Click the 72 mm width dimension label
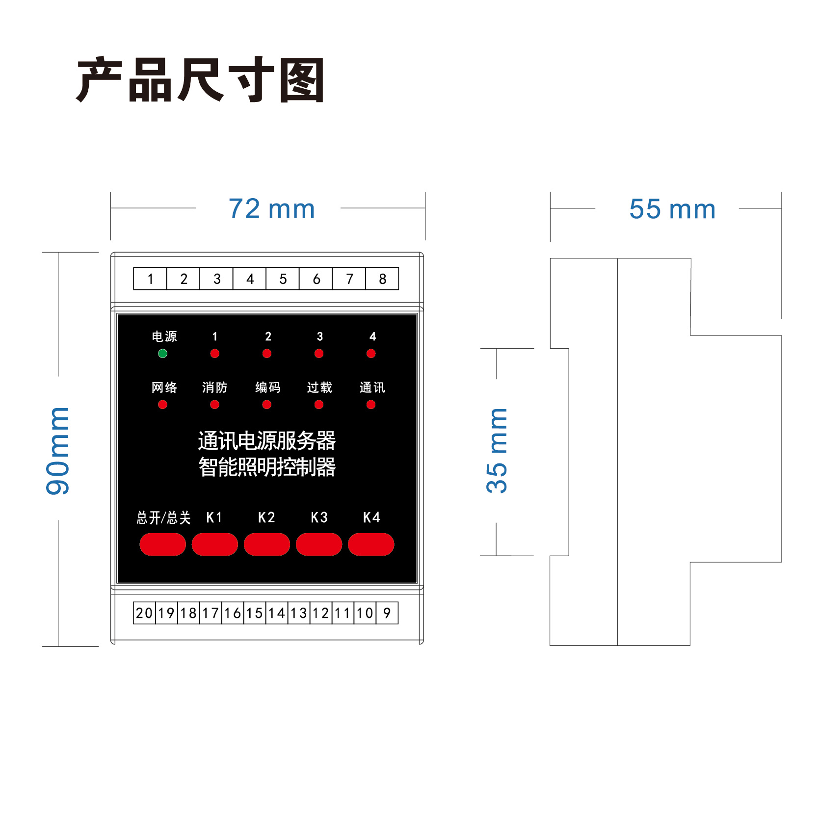tap(271, 209)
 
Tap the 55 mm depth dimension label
tap(672, 209)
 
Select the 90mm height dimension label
tap(58, 450)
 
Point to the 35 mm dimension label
tap(497, 450)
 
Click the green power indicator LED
tap(162, 354)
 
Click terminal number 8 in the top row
tap(382, 279)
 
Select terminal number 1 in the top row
tap(150, 279)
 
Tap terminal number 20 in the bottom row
tap(144, 613)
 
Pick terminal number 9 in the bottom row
tap(387, 613)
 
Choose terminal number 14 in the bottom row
tap(277, 613)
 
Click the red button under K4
tap(371, 544)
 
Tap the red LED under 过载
tap(319, 405)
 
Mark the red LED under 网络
tap(162, 405)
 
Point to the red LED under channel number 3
tap(319, 354)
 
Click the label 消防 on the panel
tap(214, 387)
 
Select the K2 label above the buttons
tap(266, 517)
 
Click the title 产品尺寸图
tap(201, 79)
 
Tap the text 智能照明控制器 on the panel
tap(267, 467)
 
